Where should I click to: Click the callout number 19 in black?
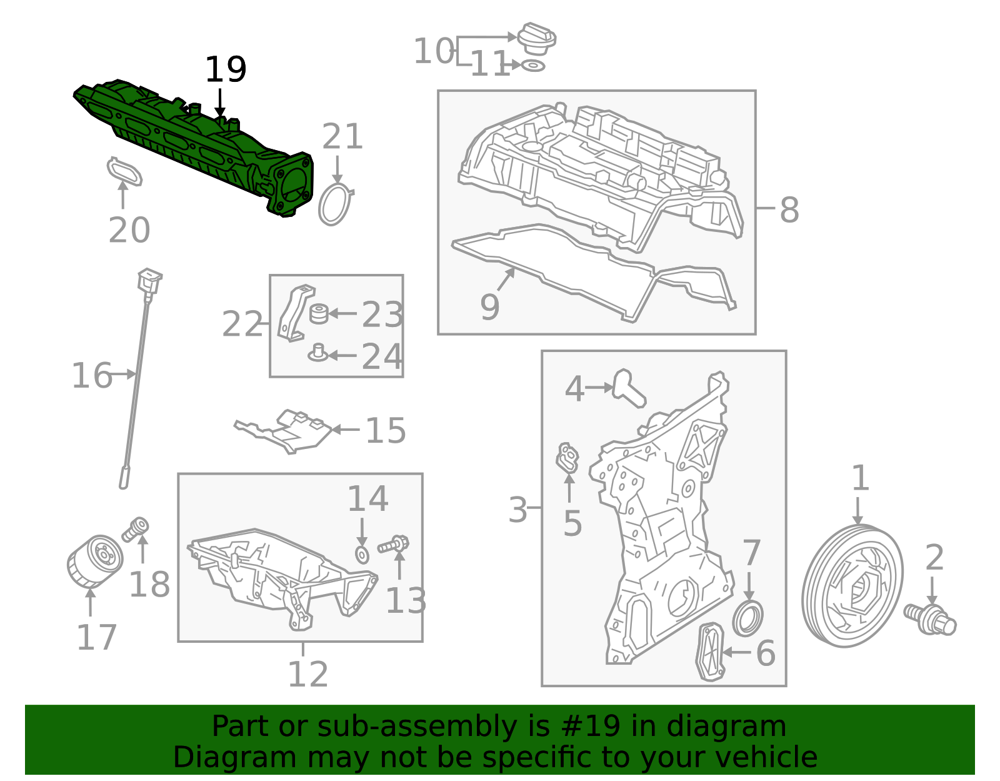pyautogui.click(x=226, y=69)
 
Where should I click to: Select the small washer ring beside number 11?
pyautogui.click(x=533, y=66)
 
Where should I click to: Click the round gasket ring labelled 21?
pyautogui.click(x=335, y=204)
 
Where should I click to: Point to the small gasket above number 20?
pyautogui.click(x=124, y=171)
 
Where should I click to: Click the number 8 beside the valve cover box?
pyautogui.click(x=789, y=210)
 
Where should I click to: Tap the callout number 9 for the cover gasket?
pyautogui.click(x=490, y=306)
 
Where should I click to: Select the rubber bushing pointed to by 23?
pyautogui.click(x=319, y=313)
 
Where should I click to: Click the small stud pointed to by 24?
pyautogui.click(x=317, y=354)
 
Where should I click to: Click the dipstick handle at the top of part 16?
pyautogui.click(x=150, y=280)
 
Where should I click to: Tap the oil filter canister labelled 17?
pyautogui.click(x=94, y=562)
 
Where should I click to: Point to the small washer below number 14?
pyautogui.click(x=362, y=554)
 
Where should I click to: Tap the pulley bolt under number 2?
pyautogui.click(x=930, y=618)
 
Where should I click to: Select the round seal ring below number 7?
pyautogui.click(x=748, y=618)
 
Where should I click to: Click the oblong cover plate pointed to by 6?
pyautogui.click(x=710, y=651)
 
